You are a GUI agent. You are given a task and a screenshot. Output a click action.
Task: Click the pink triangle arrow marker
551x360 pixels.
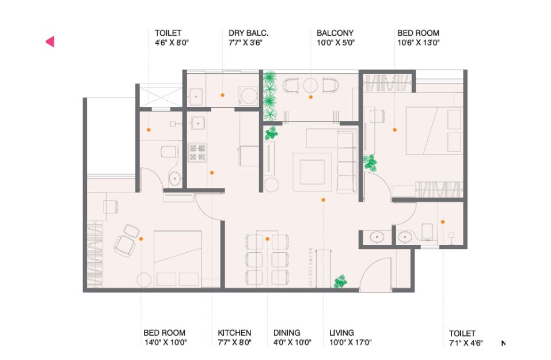51,41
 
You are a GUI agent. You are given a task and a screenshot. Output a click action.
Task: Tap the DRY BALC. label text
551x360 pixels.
249,33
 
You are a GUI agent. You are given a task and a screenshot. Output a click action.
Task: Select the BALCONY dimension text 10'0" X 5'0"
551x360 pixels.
336,43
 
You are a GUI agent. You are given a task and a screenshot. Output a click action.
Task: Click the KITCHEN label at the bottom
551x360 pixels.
234,332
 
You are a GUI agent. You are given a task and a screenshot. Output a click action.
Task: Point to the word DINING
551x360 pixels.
287,332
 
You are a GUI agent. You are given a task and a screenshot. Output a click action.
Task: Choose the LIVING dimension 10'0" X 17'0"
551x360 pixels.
351,342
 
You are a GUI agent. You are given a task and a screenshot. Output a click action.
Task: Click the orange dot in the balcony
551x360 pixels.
311,97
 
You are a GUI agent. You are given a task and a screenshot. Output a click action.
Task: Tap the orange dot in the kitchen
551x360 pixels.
212,173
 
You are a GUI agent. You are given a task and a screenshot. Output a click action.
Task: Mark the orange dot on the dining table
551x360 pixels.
267,239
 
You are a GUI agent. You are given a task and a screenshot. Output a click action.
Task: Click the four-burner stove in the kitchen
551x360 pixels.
197,153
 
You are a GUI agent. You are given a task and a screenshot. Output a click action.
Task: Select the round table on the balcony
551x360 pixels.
311,85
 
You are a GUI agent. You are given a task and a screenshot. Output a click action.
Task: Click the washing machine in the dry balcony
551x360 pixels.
249,96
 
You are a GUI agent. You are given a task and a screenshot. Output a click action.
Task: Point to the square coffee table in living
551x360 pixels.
312,172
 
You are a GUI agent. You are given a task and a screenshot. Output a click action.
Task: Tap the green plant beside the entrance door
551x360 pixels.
340,281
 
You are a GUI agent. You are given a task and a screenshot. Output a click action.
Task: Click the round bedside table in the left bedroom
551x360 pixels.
144,280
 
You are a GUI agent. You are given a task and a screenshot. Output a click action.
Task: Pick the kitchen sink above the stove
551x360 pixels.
198,123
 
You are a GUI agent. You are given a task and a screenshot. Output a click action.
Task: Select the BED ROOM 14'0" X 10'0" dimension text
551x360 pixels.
165,342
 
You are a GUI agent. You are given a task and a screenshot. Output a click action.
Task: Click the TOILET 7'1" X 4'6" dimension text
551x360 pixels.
466,343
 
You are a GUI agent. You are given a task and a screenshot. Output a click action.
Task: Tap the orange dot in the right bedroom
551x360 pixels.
394,130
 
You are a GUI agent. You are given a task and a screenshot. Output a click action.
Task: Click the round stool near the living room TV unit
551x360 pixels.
271,184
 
